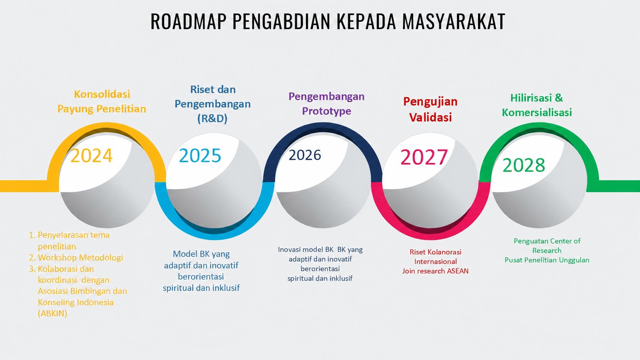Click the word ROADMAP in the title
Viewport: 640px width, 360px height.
[x=189, y=21]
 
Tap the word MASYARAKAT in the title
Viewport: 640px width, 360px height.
[x=454, y=21]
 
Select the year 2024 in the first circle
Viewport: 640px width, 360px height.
[x=91, y=156]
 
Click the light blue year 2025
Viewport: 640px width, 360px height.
[x=200, y=156]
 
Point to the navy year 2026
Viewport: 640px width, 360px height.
[x=305, y=155]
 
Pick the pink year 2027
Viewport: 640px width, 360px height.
[x=424, y=157]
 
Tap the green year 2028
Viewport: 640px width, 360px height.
[x=524, y=165]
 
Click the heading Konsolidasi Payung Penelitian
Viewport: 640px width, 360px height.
[x=102, y=101]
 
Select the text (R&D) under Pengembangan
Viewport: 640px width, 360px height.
[x=212, y=118]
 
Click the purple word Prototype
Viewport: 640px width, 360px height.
[x=327, y=111]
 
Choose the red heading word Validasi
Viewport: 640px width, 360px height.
[x=430, y=117]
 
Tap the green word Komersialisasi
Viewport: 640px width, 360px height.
[x=537, y=112]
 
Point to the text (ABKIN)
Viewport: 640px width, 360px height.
[x=52, y=313]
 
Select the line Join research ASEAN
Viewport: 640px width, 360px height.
[x=436, y=271]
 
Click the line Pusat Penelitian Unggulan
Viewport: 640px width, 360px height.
[x=547, y=260]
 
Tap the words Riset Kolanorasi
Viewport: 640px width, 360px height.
[x=436, y=252]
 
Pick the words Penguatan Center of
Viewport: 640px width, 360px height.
[x=547, y=241]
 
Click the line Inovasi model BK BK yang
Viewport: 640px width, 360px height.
[x=320, y=250]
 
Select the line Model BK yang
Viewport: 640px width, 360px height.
[x=201, y=254]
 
